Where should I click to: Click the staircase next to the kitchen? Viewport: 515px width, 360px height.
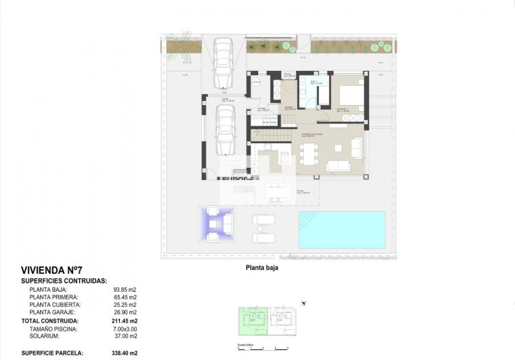tap(267, 138)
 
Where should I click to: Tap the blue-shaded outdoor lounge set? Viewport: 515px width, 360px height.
tap(217, 223)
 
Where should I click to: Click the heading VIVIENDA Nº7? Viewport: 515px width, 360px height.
tap(51, 270)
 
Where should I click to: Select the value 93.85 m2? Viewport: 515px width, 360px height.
tap(125, 290)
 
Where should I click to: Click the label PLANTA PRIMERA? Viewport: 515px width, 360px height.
tap(54, 297)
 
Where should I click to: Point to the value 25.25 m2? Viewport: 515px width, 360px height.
tap(125, 305)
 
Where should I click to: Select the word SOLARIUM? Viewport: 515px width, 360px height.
tap(44, 336)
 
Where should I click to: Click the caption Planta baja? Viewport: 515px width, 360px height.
tap(262, 268)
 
